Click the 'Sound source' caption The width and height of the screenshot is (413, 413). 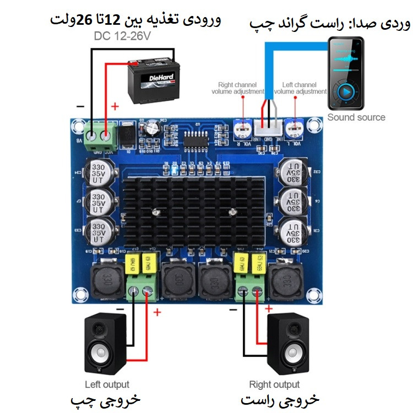click(356, 117)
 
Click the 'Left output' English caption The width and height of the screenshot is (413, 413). click(107, 384)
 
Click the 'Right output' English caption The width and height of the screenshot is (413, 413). click(274, 384)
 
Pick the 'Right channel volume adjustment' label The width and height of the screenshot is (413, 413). click(238, 88)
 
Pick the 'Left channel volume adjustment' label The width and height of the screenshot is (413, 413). click(300, 88)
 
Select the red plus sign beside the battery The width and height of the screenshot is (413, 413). click(115, 106)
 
